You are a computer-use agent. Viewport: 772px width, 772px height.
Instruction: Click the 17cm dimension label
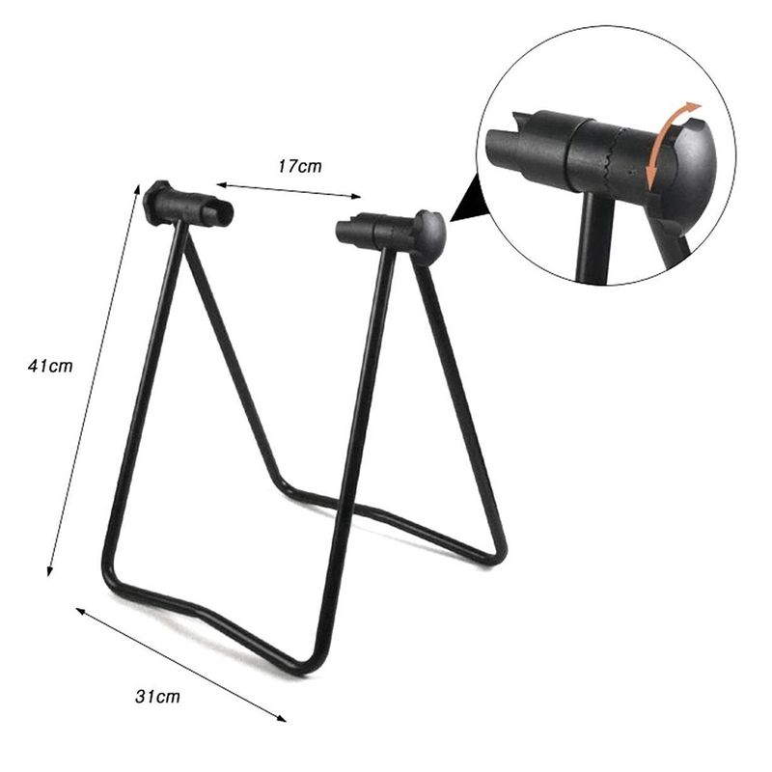[300, 166]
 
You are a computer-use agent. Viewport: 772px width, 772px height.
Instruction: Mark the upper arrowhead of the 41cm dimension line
[133, 189]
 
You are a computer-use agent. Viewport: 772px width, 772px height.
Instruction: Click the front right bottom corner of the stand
[307, 666]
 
